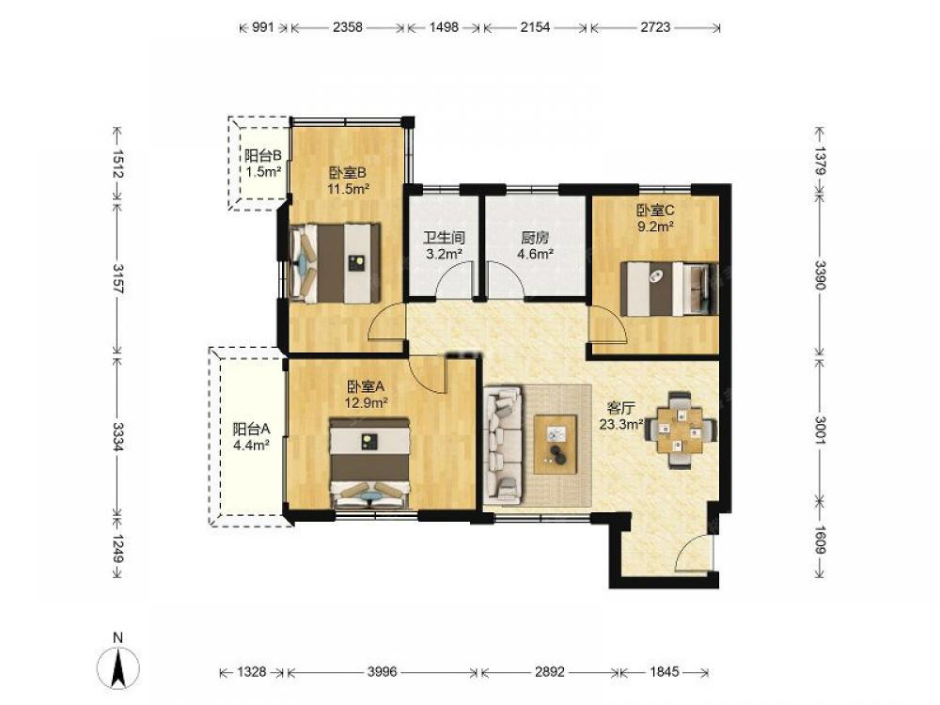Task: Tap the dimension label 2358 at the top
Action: tap(348, 27)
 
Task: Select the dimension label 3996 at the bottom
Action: tap(382, 672)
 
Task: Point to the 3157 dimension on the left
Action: tap(117, 279)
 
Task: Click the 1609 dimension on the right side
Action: tap(820, 540)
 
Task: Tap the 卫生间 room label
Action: tap(444, 238)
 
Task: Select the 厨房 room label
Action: tap(535, 238)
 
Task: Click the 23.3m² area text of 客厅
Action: tap(621, 425)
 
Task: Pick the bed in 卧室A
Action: tap(369, 463)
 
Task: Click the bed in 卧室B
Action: tap(336, 263)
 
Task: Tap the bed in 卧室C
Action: tap(669, 289)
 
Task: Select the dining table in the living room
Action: tap(680, 430)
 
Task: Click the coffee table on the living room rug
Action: tap(556, 445)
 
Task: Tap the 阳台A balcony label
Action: tap(251, 429)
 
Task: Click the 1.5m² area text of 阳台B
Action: tap(263, 172)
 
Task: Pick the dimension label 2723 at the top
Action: tap(655, 27)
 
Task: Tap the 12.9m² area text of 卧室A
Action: tap(366, 403)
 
